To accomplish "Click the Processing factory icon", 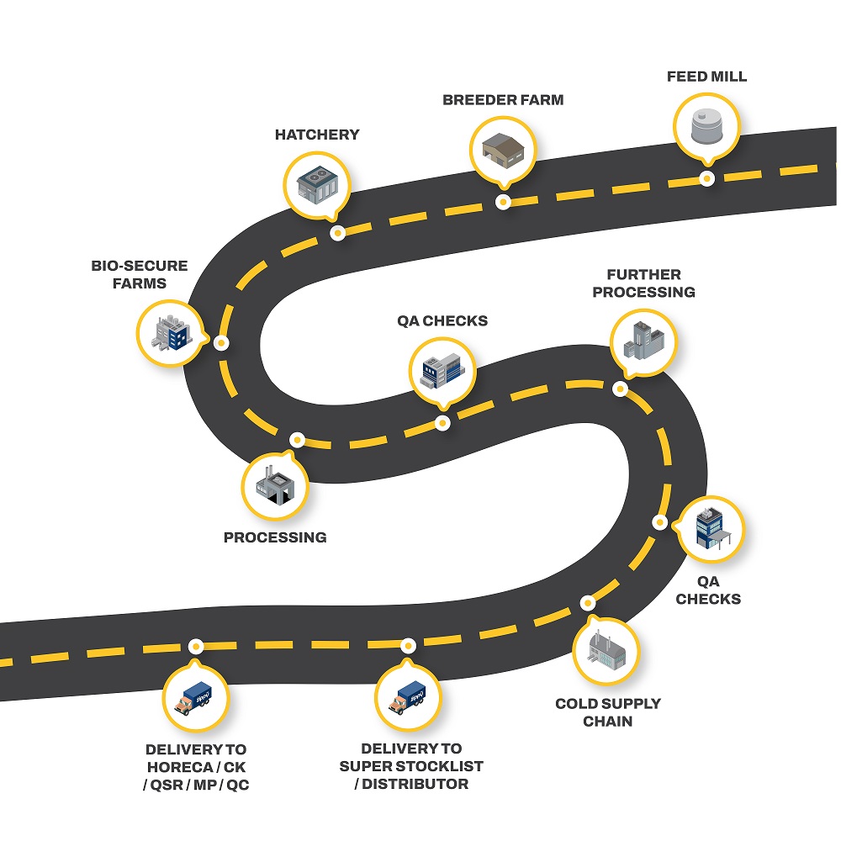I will (276, 485).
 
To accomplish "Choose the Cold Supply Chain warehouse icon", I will (605, 652).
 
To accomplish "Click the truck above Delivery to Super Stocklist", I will (406, 696).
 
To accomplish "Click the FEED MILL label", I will (706, 77).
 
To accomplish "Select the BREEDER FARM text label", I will (503, 100).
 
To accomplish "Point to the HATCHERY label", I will (317, 135).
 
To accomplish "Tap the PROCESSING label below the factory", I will (275, 537).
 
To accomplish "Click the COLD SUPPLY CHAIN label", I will (607, 711).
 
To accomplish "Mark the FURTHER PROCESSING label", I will (643, 283).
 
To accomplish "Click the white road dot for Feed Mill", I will (707, 178).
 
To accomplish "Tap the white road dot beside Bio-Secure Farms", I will (221, 342).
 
